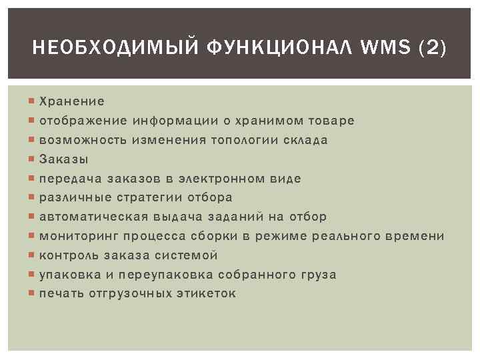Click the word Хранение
coord(72,101)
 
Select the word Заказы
coord(64,159)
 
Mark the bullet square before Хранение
coord(33,101)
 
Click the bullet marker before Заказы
coord(33,159)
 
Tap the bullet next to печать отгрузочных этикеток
coord(33,294)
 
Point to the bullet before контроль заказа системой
coord(33,255)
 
